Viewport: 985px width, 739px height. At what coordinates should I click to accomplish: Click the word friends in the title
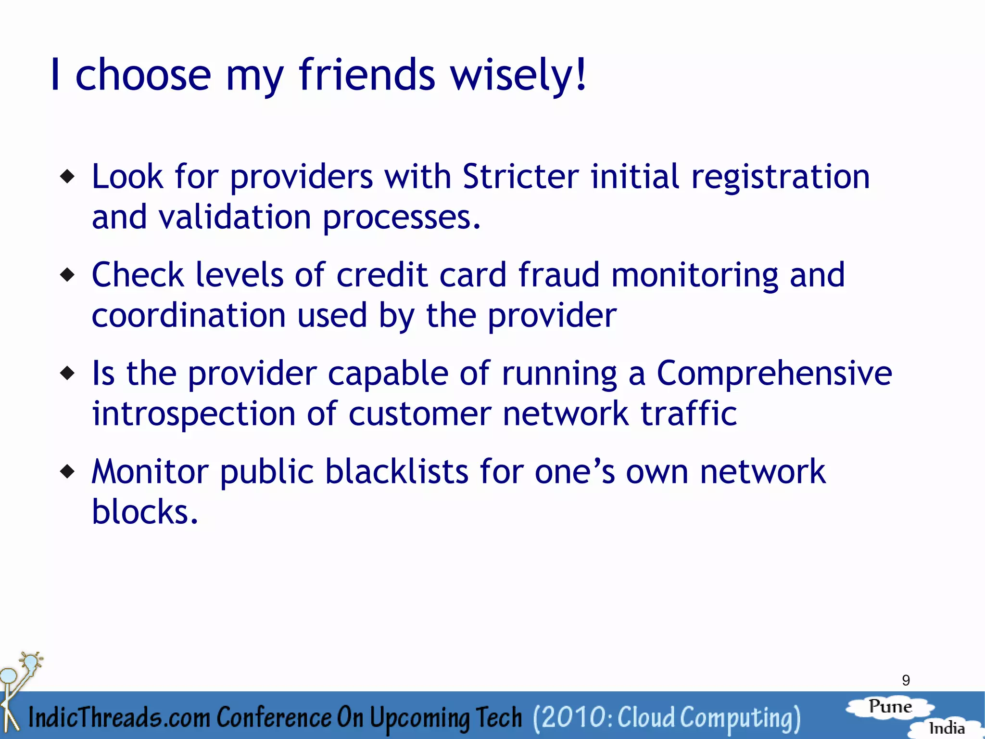pos(366,75)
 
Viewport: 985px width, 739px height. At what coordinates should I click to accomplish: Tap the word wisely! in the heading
pos(518,75)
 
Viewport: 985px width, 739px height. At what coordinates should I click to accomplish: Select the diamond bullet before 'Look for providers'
pos(68,177)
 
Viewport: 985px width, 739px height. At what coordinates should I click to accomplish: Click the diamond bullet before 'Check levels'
pos(68,275)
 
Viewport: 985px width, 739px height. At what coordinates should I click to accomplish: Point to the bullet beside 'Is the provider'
pos(68,373)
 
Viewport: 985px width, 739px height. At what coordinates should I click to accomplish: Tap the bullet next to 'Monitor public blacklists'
pos(68,471)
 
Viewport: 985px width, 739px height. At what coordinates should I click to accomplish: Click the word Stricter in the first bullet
pos(520,176)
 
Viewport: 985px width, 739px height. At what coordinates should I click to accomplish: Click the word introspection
pos(193,415)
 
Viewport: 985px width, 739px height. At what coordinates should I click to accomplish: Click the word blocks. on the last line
pos(145,511)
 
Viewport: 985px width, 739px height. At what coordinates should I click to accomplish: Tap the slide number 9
pos(906,680)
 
